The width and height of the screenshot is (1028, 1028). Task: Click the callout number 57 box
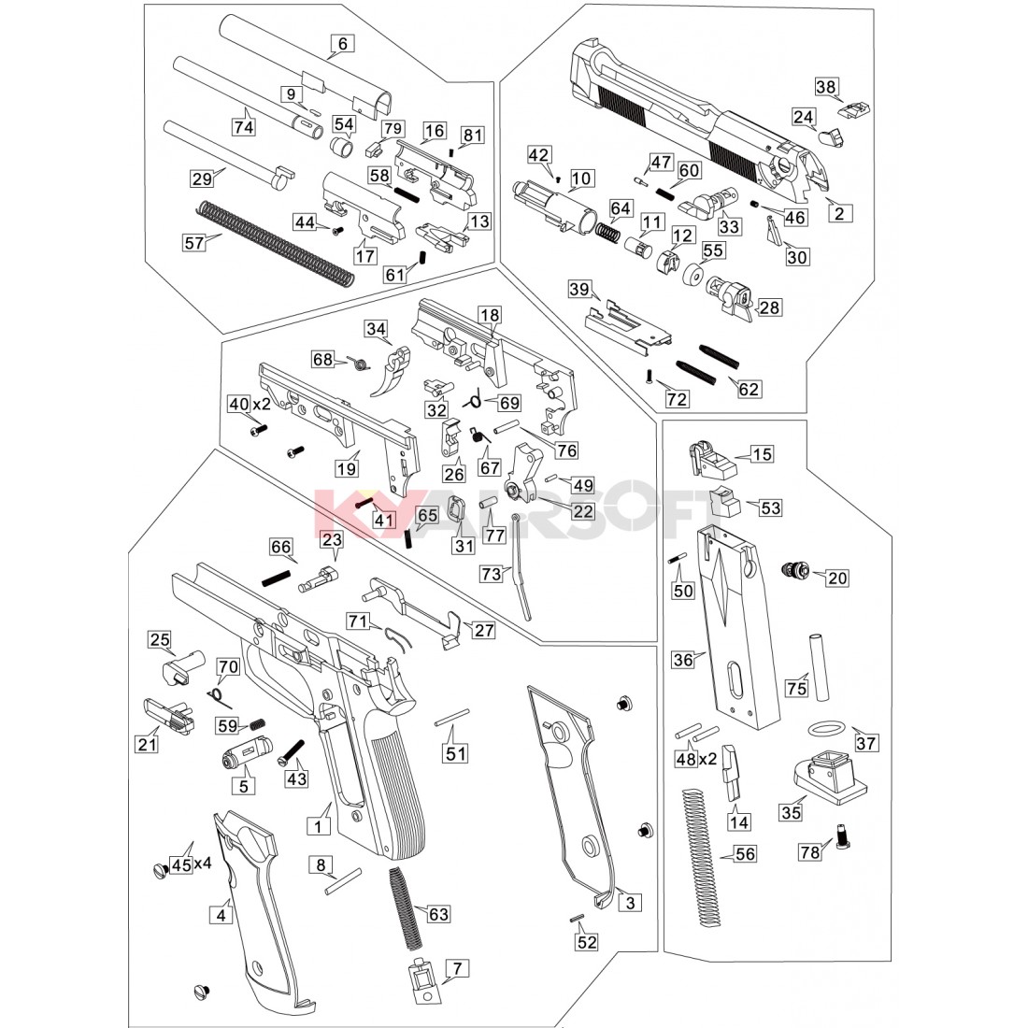[x=193, y=243]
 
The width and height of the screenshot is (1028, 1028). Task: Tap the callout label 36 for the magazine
[x=683, y=659]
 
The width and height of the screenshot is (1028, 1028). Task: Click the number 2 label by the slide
[x=838, y=213]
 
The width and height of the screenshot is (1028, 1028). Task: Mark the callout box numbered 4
[x=221, y=915]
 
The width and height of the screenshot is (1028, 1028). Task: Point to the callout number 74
[x=244, y=126]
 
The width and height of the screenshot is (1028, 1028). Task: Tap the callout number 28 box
[x=769, y=307]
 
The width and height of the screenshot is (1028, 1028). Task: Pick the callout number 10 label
[x=581, y=178]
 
